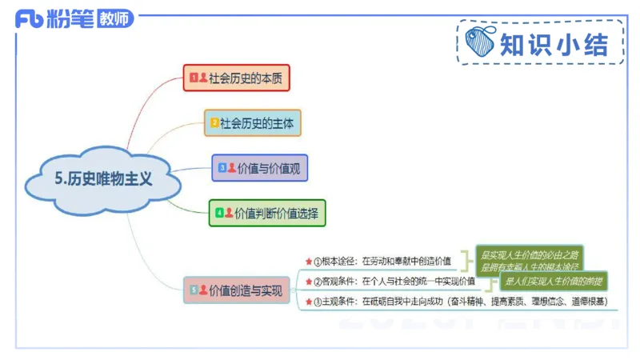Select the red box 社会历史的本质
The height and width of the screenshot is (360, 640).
pos(235,78)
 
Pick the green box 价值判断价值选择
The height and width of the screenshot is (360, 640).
pos(267,214)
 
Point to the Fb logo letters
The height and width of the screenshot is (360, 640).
pos(32,18)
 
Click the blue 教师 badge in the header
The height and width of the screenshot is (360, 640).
pos(114,19)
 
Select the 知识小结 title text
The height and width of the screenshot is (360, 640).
pos(553,42)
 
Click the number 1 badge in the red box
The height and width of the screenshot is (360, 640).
pos(193,78)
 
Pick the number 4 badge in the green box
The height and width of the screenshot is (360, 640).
pos(218,214)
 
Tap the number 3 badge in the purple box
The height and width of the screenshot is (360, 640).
pos(222,168)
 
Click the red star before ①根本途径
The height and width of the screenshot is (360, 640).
pos(308,261)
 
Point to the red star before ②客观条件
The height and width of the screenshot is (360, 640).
pos(308,282)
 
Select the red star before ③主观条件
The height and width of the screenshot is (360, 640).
pos(308,302)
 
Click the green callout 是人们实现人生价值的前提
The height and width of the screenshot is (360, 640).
pos(552,282)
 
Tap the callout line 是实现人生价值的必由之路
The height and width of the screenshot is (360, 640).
pos(530,254)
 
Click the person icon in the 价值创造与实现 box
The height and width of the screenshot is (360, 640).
pos(203,290)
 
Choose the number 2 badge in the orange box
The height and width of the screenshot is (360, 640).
pos(214,123)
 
